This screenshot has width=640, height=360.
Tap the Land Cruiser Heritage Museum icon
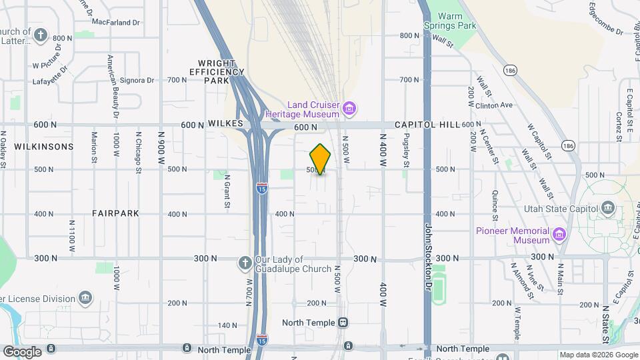(349, 108)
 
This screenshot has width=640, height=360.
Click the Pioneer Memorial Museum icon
(559, 235)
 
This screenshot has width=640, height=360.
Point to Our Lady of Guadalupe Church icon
(245, 263)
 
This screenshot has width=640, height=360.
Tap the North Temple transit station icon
(343, 323)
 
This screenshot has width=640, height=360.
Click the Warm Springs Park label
(451, 21)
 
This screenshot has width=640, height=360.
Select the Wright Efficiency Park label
(216, 71)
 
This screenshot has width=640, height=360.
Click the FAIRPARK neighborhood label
(116, 213)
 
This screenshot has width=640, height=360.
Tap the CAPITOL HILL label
(427, 125)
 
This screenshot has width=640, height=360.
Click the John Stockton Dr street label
(429, 253)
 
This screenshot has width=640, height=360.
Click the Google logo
(22, 352)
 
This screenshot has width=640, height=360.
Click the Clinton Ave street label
(494, 105)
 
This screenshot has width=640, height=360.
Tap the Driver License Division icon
(85, 297)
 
